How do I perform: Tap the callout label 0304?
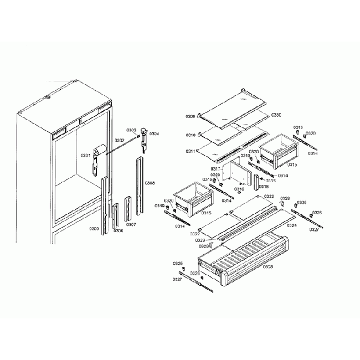click(x=154, y=133)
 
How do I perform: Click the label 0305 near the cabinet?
click(x=94, y=228)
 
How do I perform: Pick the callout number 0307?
click(x=131, y=224)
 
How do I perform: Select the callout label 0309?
click(x=190, y=117)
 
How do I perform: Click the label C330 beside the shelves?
click(x=276, y=115)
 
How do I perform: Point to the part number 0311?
click(x=190, y=151)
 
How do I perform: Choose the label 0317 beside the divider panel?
click(x=216, y=168)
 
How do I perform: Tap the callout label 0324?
click(x=291, y=225)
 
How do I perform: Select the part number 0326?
click(x=317, y=213)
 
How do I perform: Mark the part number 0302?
click(x=120, y=141)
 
